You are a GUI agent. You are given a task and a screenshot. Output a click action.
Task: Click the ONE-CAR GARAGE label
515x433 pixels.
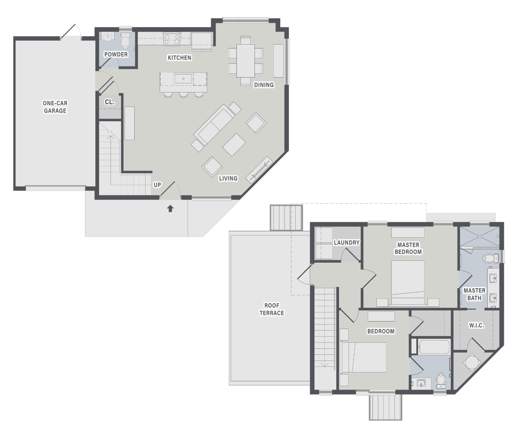[x=55, y=107]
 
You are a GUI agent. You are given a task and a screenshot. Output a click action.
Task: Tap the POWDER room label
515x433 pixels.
[x=116, y=54]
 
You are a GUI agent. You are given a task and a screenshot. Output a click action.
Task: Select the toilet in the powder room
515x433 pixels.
[x=125, y=41]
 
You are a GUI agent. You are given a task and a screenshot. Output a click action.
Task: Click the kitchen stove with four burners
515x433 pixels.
[x=172, y=40]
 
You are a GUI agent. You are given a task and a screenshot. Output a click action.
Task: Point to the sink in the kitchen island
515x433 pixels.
[x=183, y=79]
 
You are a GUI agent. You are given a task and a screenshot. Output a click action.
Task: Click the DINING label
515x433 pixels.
[x=264, y=85]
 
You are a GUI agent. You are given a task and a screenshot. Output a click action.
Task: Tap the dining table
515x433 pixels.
[x=245, y=61]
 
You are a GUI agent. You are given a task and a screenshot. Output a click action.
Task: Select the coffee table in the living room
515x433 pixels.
[x=234, y=145]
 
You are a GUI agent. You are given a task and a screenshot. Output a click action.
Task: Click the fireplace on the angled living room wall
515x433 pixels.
[x=259, y=170]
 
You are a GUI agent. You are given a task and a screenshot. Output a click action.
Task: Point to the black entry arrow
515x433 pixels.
[x=170, y=209]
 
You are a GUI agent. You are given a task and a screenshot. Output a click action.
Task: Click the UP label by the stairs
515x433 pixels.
[x=158, y=185]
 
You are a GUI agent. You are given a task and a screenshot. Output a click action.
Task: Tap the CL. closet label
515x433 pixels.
[x=109, y=102]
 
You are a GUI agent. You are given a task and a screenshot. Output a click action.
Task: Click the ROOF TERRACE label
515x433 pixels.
[x=272, y=309]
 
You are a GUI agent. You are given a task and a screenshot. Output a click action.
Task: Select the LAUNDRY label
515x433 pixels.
[x=346, y=243]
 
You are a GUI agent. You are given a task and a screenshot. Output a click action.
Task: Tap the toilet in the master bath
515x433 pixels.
[x=491, y=259]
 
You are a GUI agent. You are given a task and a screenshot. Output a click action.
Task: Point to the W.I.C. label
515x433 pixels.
[x=476, y=325]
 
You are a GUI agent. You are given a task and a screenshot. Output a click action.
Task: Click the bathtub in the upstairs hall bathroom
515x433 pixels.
[x=434, y=347]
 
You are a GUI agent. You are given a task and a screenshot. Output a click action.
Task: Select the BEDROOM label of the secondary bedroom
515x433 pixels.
[x=381, y=331]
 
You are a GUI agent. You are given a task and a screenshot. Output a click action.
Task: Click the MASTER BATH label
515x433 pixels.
[x=474, y=294]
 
